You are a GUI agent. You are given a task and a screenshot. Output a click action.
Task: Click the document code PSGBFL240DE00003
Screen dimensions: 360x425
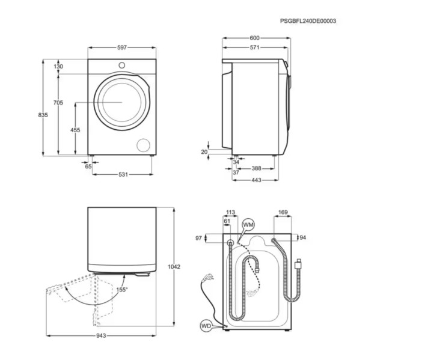tap(308, 21)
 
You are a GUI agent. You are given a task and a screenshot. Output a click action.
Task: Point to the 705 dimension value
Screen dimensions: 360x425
tap(58, 103)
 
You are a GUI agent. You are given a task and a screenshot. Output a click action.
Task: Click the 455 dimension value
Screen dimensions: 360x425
tap(75, 130)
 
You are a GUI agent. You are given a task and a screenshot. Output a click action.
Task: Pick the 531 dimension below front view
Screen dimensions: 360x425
tap(123, 175)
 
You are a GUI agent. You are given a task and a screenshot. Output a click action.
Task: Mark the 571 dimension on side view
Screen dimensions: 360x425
tap(255, 48)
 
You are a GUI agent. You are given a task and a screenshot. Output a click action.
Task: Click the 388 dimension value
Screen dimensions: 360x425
tap(256, 169)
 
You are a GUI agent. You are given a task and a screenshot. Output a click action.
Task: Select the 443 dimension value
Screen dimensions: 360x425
tap(256, 179)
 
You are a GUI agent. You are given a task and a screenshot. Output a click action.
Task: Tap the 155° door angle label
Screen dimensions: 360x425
tap(122, 290)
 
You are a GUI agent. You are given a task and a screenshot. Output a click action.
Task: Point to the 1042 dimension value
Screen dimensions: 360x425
tap(174, 266)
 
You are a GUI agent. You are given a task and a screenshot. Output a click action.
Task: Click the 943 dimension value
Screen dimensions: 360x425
tap(101, 336)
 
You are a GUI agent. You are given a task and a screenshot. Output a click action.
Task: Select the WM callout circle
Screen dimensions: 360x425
tap(248, 224)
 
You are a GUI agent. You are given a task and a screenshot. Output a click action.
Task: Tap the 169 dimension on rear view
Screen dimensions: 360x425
tap(283, 212)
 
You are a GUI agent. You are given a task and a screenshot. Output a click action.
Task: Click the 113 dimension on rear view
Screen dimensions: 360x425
tap(230, 212)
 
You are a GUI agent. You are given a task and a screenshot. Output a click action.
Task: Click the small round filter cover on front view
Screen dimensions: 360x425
tap(143, 145)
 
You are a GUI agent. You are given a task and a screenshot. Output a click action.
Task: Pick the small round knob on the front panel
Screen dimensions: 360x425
tap(122, 65)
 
